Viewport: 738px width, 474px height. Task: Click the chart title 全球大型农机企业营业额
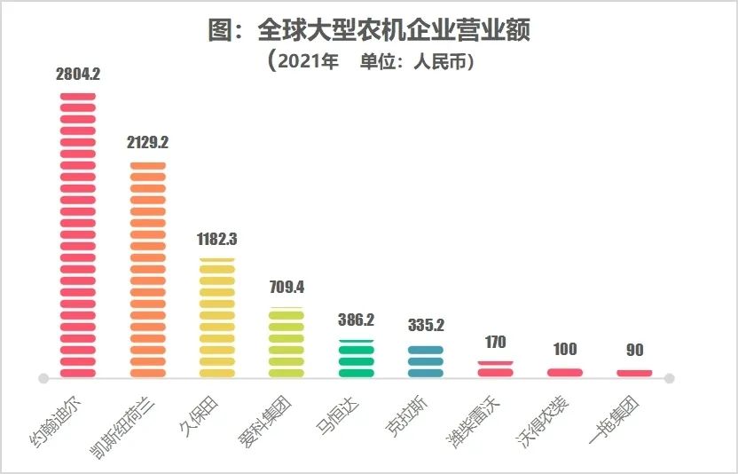369,31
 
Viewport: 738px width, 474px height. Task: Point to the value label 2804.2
78,75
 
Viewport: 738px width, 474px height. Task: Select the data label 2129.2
147,143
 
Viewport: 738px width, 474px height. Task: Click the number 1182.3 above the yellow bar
217,239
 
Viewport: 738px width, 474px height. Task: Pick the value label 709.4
287,288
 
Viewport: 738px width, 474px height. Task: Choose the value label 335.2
426,325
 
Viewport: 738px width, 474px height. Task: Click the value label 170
495,342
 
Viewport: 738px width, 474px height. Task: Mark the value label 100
565,350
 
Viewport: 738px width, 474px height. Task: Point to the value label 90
634,351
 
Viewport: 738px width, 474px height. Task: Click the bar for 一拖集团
634,373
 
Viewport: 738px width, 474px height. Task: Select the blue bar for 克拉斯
426,361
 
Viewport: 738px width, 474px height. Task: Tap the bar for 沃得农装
565,372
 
